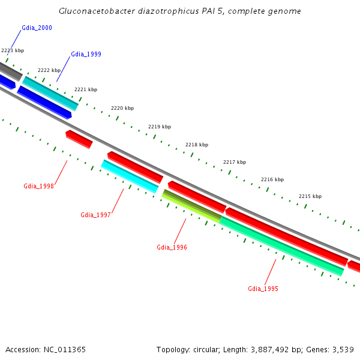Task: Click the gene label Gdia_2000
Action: [37, 28]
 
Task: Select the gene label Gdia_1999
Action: [86, 54]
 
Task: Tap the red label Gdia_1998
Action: [39, 186]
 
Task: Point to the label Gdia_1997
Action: [96, 215]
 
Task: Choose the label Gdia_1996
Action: [172, 247]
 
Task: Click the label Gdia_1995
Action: [263, 289]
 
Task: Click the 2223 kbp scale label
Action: [13, 51]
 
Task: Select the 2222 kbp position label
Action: [49, 70]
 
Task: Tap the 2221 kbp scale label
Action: [86, 89]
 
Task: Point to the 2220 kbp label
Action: [122, 108]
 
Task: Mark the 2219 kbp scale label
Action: [160, 127]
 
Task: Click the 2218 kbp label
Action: [197, 145]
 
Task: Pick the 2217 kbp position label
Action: [235, 162]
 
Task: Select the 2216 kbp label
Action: [272, 179]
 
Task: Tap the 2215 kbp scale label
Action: [310, 196]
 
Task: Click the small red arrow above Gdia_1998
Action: [79, 139]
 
